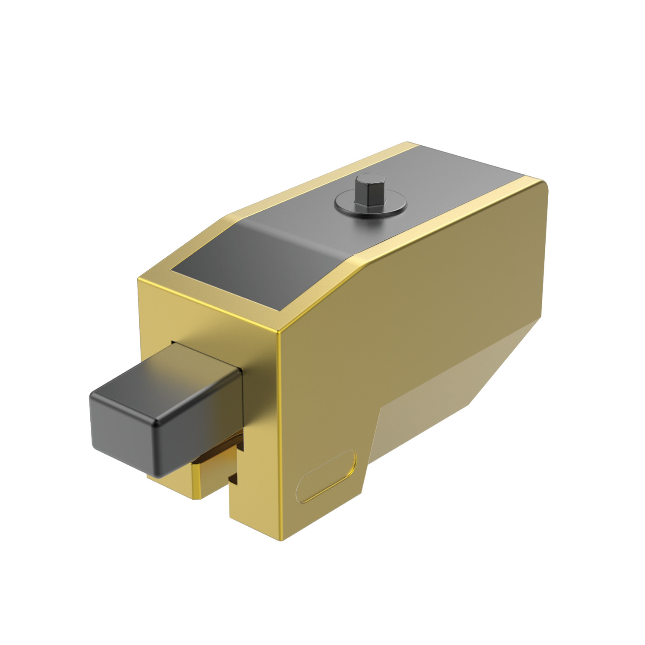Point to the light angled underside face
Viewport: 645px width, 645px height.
pos(430,408)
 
